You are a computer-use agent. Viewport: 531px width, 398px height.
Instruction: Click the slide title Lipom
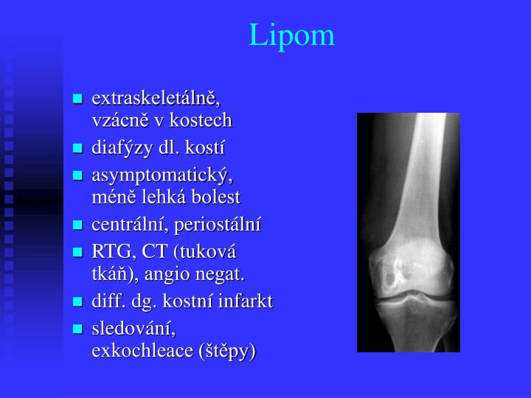pos(292,35)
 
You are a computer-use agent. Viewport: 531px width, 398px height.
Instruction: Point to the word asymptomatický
pos(162,175)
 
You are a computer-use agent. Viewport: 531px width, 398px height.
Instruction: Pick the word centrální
pos(126,224)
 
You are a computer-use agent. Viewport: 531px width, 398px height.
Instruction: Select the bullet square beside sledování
pos(77,329)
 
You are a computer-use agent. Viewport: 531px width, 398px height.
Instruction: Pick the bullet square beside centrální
pos(77,225)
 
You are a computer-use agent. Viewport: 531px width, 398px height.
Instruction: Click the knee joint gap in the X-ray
pos(408,294)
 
